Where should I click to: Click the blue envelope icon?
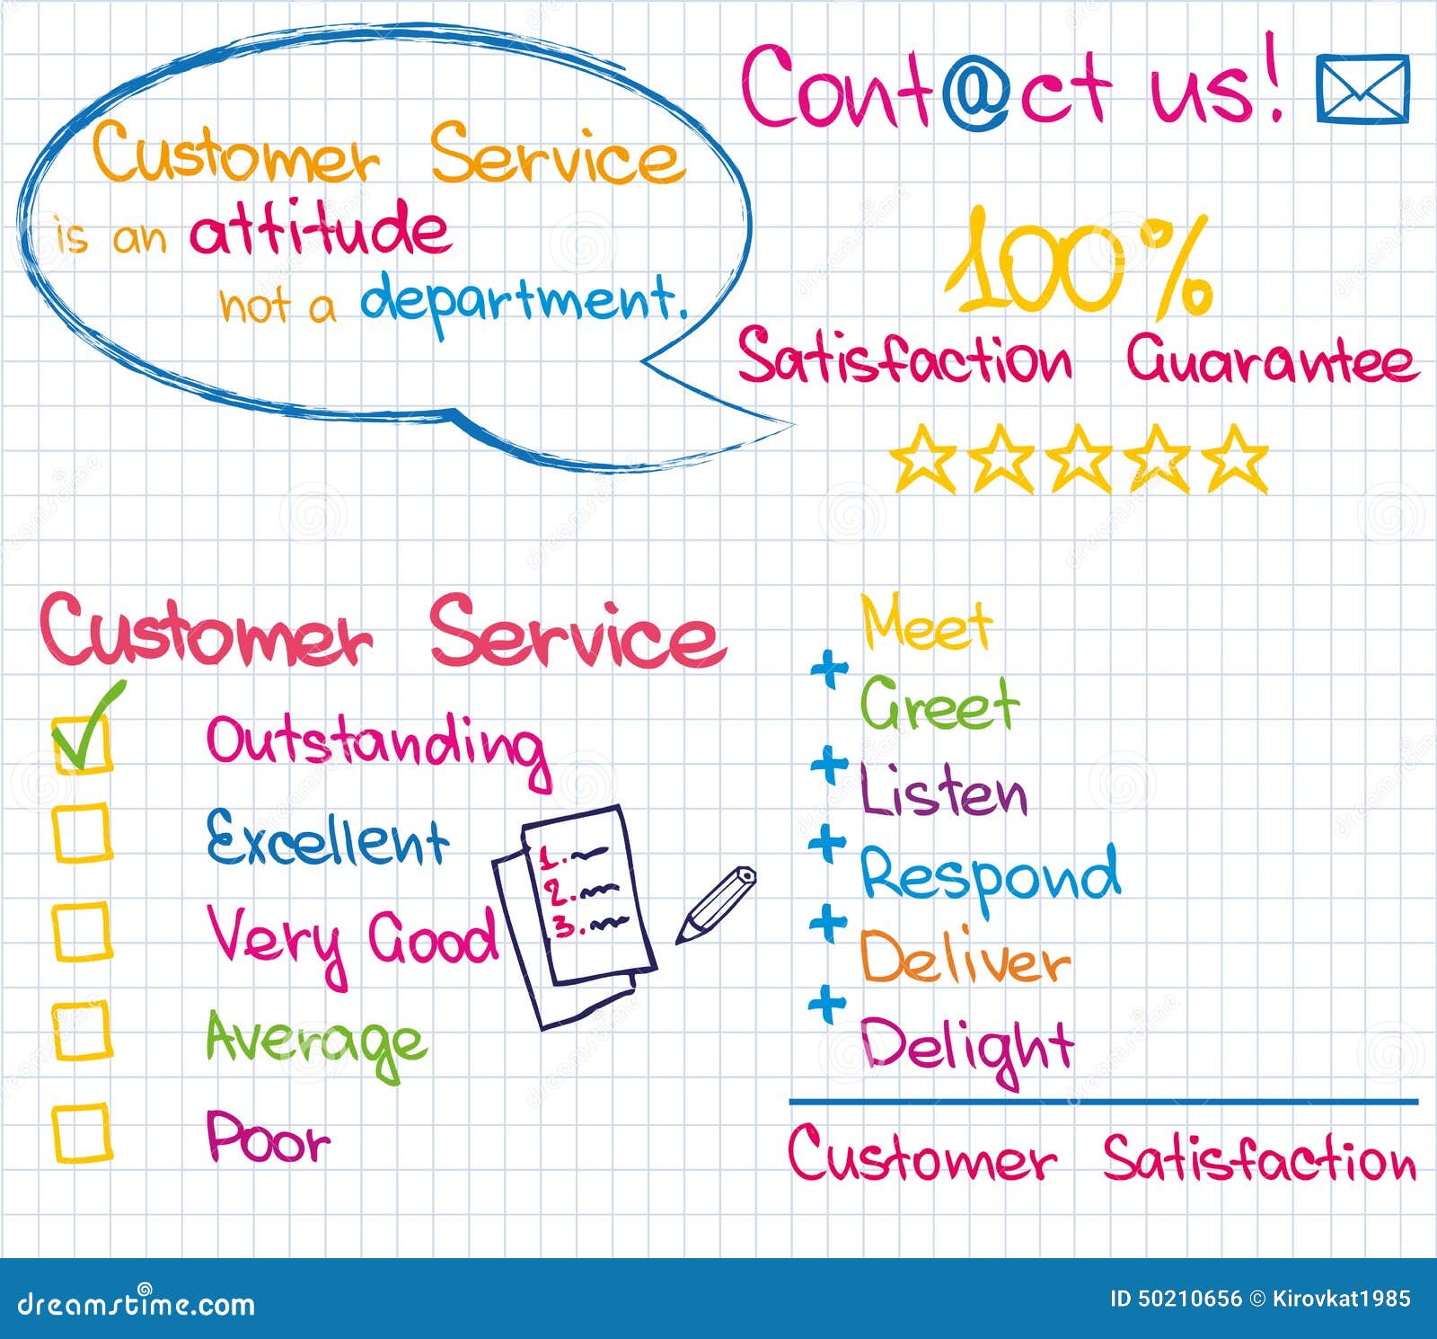click(1362, 88)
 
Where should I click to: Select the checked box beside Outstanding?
click(82, 742)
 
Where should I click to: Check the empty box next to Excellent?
click(82, 833)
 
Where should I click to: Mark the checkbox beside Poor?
click(82, 1132)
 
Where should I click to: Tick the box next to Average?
click(82, 1030)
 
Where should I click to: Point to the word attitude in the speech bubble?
click(320, 229)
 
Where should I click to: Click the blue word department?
click(523, 301)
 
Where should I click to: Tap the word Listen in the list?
click(943, 792)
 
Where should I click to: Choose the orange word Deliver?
click(965, 959)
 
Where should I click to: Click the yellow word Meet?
click(926, 623)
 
